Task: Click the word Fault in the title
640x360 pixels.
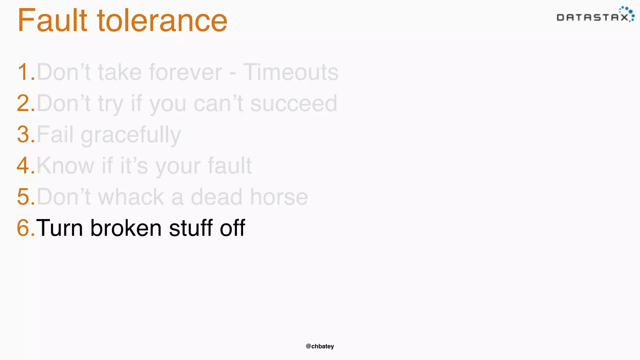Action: pos(52,21)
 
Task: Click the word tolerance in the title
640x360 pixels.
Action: pos(162,21)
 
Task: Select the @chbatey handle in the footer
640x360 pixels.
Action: pos(320,346)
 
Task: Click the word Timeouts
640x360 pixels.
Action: pos(291,72)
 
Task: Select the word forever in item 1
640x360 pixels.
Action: pos(185,72)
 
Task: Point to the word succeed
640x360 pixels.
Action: pos(294,103)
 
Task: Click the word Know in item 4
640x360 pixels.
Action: pos(65,166)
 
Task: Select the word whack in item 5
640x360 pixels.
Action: pos(131,197)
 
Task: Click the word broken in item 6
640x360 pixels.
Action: pos(126,228)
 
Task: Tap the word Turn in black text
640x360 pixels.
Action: pos(60,228)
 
